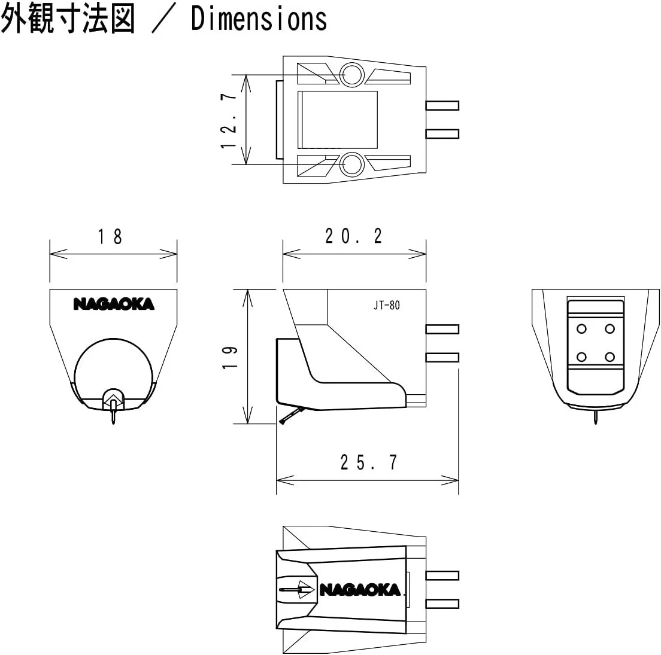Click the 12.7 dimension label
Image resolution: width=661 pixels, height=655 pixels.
(x=231, y=120)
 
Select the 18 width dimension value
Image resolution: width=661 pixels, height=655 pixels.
(x=110, y=237)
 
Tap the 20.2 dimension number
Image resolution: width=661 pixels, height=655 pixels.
(x=353, y=237)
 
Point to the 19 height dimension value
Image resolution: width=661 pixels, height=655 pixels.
(x=231, y=357)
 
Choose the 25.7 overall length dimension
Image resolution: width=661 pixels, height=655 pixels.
(x=368, y=462)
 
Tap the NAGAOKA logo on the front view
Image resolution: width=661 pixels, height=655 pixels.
(x=114, y=304)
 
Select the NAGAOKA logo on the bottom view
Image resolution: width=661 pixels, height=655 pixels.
(x=360, y=590)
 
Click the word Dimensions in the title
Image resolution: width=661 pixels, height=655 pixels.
(x=259, y=19)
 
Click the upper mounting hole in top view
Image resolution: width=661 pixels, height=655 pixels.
(x=351, y=75)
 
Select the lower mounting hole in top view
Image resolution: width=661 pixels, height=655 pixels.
(x=351, y=164)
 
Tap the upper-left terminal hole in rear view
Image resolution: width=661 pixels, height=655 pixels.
(x=581, y=328)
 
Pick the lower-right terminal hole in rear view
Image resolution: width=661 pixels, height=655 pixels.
(x=610, y=357)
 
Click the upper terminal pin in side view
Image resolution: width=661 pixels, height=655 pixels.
(x=442, y=329)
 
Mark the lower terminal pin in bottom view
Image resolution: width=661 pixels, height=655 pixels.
(x=442, y=603)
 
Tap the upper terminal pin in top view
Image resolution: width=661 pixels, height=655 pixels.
(x=442, y=106)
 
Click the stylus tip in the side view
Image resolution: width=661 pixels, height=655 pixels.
(x=281, y=423)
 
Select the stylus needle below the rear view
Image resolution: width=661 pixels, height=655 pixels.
(x=596, y=418)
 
